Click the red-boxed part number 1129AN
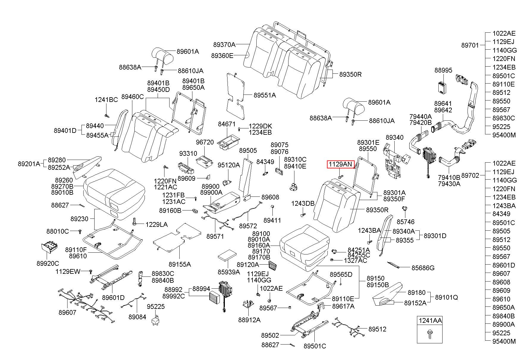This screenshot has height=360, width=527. pyautogui.click(x=340, y=164)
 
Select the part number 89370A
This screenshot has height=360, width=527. pyautogui.click(x=224, y=45)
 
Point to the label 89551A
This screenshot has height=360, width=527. pyautogui.click(x=265, y=95)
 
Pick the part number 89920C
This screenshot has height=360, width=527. pyautogui.click(x=48, y=263)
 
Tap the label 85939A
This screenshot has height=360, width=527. pyautogui.click(x=229, y=272)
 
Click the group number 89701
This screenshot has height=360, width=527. pyautogui.click(x=470, y=45)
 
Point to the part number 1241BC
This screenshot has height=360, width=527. pyautogui.click(x=106, y=100)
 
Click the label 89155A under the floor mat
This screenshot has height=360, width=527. pyautogui.click(x=180, y=264)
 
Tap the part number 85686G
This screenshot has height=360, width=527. pyautogui.click(x=423, y=268)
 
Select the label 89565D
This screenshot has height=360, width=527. pyautogui.click(x=341, y=274)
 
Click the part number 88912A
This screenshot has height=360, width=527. pyautogui.click(x=249, y=320)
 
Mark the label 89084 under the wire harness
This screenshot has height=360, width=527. pyautogui.click(x=137, y=317)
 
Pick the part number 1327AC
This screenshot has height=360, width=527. pyautogui.click(x=355, y=261)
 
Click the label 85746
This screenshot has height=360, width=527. pyautogui.click(x=406, y=222)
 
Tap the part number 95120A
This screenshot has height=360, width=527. pyautogui.click(x=229, y=165)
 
